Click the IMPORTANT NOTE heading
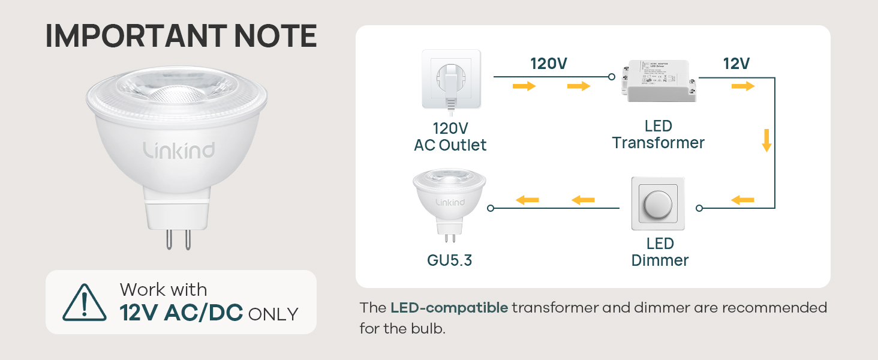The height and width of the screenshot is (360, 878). point(181,37)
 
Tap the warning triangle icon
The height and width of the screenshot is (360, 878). point(85,302)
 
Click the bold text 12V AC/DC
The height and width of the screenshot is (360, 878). point(181,313)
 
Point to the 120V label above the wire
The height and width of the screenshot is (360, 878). point(548,64)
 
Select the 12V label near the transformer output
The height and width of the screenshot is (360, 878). point(736,64)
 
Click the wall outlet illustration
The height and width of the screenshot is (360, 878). point(451,79)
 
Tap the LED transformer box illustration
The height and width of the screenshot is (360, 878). point(659,80)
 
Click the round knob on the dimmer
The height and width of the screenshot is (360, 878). point(659,204)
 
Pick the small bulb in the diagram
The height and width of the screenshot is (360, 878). point(450,201)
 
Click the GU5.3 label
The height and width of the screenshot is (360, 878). point(450,261)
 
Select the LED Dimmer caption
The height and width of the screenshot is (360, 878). point(660,252)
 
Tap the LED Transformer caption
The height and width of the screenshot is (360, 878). point(658,134)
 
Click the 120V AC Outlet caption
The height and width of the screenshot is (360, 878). point(450,137)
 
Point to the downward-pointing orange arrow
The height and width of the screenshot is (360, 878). point(766,140)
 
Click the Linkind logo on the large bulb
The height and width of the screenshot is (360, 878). point(179,149)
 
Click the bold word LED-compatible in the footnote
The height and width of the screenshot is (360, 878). point(449,308)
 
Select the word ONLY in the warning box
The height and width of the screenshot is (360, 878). point(273,314)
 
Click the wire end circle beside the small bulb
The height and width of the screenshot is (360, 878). point(491,208)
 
